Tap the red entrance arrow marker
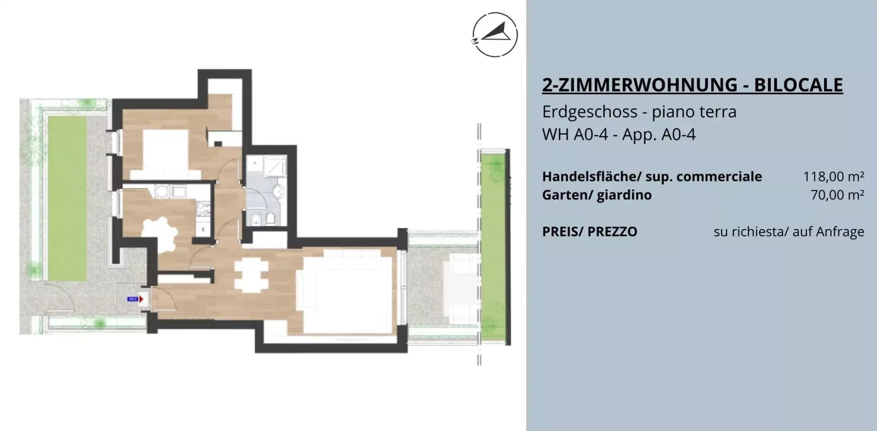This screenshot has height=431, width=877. point(141,299)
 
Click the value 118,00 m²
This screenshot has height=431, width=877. point(834,176)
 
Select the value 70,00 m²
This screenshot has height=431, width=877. point(837,195)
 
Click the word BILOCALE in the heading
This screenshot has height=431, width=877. point(798,85)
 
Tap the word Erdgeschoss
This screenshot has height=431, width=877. point(590,112)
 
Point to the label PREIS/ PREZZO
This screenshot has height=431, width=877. point(590,232)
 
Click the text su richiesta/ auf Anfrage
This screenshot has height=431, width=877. point(789,232)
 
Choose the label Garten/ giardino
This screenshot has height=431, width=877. point(597,195)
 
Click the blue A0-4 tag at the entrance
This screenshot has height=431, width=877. point(133,299)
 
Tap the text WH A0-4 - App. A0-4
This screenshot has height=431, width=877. point(619,135)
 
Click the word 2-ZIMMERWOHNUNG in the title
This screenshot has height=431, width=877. point(640,85)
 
